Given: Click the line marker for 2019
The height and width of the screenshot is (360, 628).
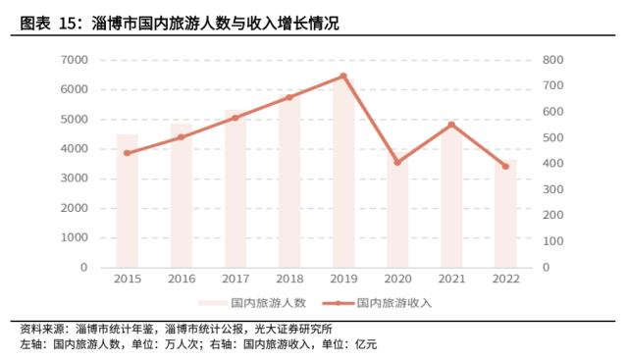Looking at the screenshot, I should (x=342, y=76).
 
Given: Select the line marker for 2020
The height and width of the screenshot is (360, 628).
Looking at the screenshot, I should (x=396, y=162).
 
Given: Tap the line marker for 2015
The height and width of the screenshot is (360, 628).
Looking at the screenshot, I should (x=127, y=153).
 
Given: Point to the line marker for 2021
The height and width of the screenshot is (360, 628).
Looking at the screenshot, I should (x=450, y=125).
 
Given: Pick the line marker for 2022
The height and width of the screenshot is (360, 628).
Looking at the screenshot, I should (x=504, y=166).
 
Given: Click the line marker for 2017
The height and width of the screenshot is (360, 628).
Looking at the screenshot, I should (x=235, y=118).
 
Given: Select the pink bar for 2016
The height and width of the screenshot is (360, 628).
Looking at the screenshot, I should (x=181, y=196).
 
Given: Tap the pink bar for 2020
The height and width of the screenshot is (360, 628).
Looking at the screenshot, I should (x=396, y=216).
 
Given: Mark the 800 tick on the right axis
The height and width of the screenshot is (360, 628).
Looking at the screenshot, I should (x=552, y=60).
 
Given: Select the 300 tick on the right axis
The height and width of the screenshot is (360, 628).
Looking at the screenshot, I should (x=552, y=189).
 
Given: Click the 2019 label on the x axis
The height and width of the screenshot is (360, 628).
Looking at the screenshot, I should (x=342, y=280).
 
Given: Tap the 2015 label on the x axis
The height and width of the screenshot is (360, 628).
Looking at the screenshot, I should (x=127, y=280).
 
